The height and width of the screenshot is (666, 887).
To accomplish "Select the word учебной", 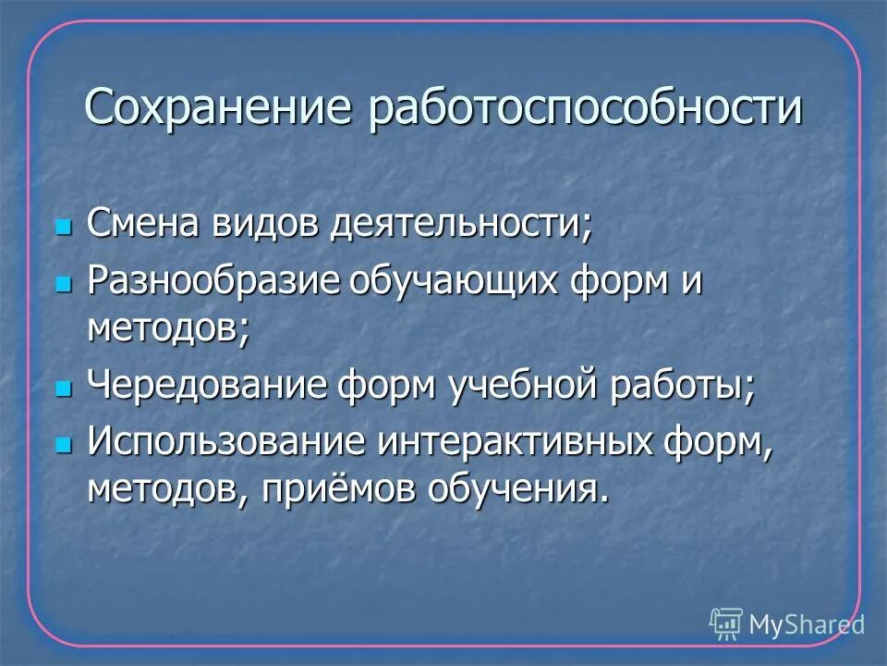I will pyautogui.click(x=525, y=386).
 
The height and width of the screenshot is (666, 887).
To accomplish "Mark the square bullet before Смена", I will pyautogui.click(x=63, y=227).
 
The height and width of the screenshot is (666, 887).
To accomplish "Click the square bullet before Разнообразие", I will pyautogui.click(x=63, y=283).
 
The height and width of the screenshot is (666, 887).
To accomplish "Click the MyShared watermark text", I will pyautogui.click(x=806, y=625).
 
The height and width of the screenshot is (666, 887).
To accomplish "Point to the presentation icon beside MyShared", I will pyautogui.click(x=726, y=624).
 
